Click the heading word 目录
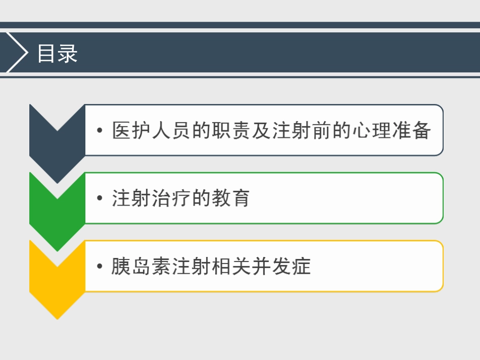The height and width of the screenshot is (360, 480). (57, 54)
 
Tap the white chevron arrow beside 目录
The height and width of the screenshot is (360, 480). (17, 53)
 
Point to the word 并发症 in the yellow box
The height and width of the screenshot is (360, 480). (281, 267)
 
